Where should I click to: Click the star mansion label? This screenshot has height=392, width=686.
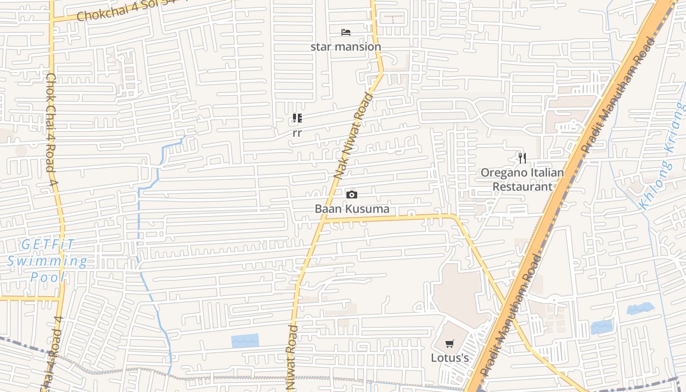(x=345, y=47)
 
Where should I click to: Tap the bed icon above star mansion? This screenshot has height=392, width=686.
(x=346, y=32)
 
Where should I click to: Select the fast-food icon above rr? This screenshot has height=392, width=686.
(x=297, y=118)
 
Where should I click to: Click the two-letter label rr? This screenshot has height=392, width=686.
(x=297, y=133)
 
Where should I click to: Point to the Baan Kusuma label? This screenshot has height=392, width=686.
(x=352, y=209)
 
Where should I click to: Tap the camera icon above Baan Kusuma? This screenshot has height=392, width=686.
(x=351, y=195)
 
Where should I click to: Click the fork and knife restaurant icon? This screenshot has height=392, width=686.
(x=522, y=158)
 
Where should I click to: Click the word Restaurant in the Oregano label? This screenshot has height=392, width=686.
(x=522, y=187)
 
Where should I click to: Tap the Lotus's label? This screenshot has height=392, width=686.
(x=450, y=358)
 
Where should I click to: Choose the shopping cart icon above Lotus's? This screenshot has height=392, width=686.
(x=450, y=344)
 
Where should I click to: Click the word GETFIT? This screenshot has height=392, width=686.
(x=48, y=244)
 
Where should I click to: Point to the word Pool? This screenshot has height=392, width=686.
(x=48, y=277)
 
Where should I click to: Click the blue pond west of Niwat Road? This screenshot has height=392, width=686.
(x=245, y=341)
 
